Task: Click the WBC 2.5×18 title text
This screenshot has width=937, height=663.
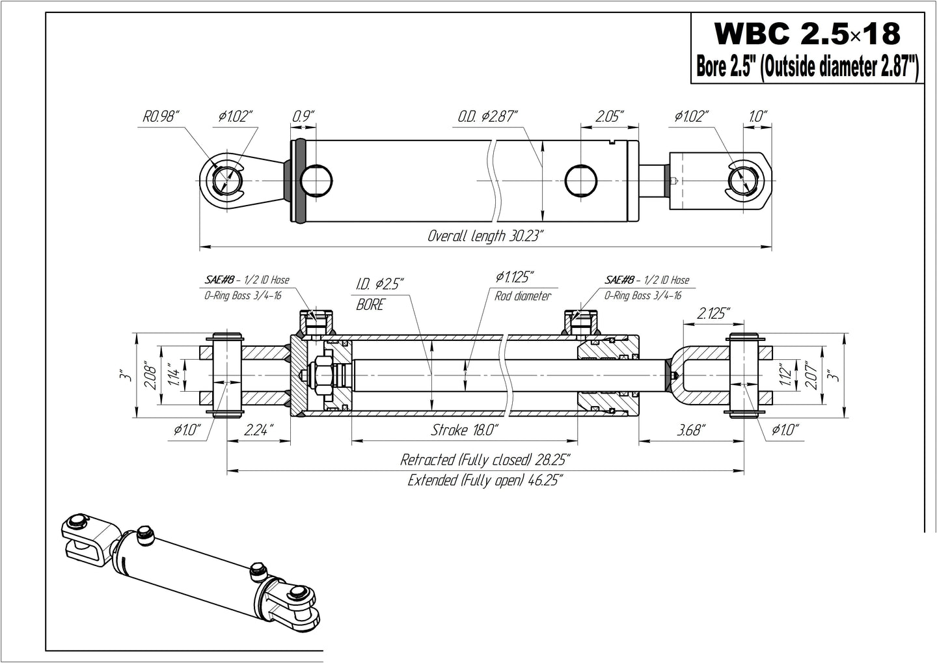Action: [x=807, y=33]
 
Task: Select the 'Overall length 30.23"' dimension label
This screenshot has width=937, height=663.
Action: [x=485, y=236]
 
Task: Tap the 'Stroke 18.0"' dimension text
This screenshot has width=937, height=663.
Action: [x=465, y=430]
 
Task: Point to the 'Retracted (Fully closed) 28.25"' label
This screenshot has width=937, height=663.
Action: [x=485, y=460]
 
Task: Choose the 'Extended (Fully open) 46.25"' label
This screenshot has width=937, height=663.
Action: [x=485, y=481]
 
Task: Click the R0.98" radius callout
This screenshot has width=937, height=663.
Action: [x=161, y=117]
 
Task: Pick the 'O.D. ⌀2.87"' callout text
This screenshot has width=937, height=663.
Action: [x=487, y=117]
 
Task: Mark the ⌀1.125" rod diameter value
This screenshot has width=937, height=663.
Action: [x=516, y=278]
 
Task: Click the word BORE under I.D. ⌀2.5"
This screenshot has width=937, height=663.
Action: [x=370, y=304]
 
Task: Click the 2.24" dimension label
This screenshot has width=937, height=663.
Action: [x=258, y=430]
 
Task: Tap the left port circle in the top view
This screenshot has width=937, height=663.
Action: [x=316, y=180]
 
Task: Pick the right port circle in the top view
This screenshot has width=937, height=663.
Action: [x=580, y=180]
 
